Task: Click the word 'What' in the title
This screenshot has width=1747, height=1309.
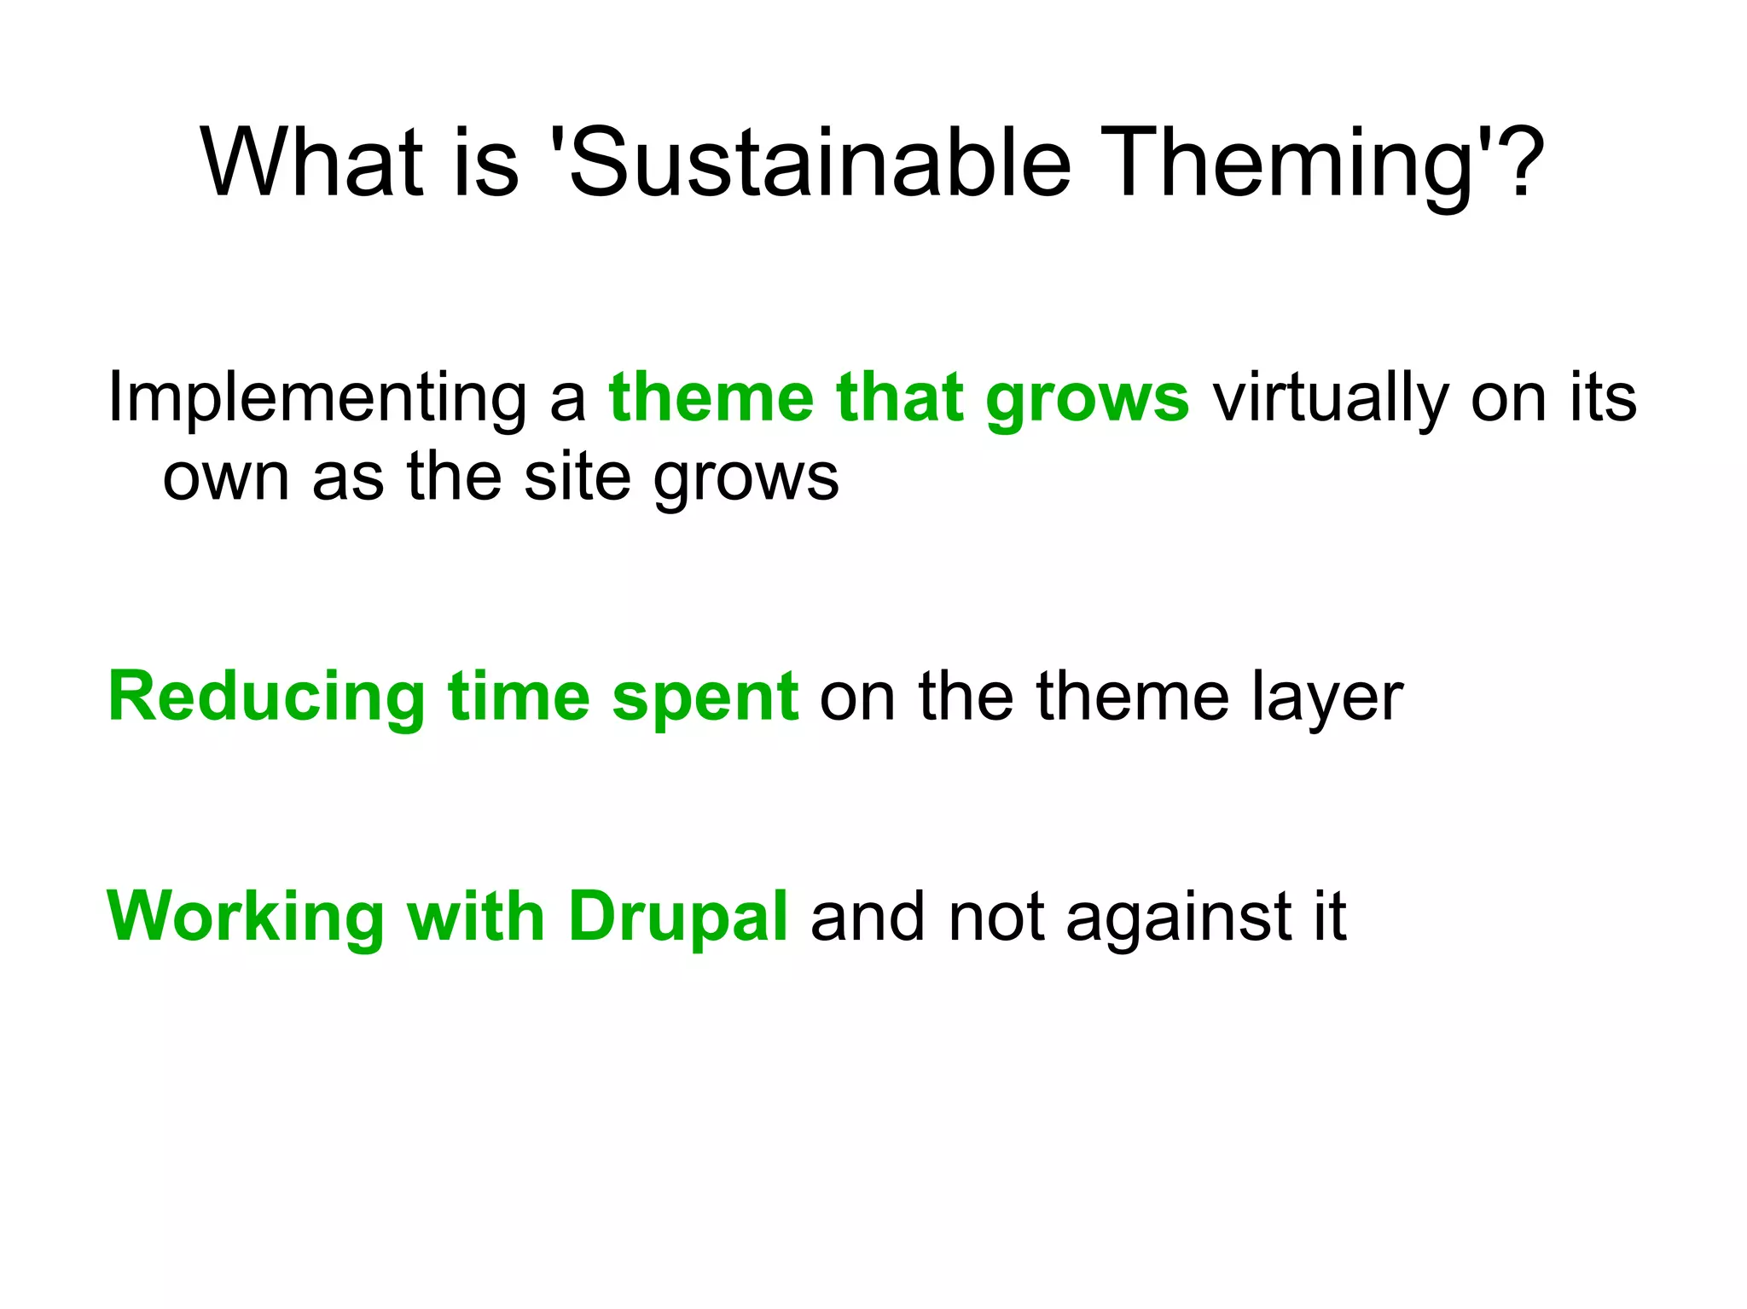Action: click(x=311, y=162)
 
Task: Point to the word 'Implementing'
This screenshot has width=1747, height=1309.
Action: click(x=316, y=399)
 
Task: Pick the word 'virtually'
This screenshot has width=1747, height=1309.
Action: click(x=1330, y=399)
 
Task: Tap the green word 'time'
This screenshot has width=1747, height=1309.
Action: click(x=519, y=698)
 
